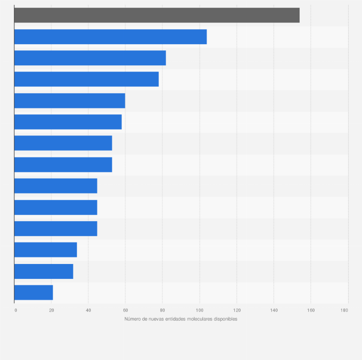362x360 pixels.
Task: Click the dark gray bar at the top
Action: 157,15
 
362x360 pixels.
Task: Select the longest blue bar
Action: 110,36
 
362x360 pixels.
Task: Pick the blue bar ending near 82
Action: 90,58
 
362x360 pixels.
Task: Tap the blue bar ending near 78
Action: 86,79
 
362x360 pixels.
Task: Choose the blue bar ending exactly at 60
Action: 70,100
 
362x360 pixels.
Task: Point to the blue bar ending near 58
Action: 68,122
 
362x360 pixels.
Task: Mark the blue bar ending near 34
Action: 46,250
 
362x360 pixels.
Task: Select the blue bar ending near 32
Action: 44,271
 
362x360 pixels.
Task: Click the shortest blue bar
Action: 34,292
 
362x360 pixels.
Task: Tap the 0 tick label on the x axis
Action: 15,311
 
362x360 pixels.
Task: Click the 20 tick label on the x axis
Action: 51,311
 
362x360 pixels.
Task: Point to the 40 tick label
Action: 88,311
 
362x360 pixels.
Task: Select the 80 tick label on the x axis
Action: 162,311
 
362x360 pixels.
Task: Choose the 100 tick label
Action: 199,311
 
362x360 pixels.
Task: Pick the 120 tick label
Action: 236,311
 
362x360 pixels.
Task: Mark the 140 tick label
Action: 274,311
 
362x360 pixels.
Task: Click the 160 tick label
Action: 311,311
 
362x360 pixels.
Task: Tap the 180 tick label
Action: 344,311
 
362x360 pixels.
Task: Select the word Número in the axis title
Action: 133,319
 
